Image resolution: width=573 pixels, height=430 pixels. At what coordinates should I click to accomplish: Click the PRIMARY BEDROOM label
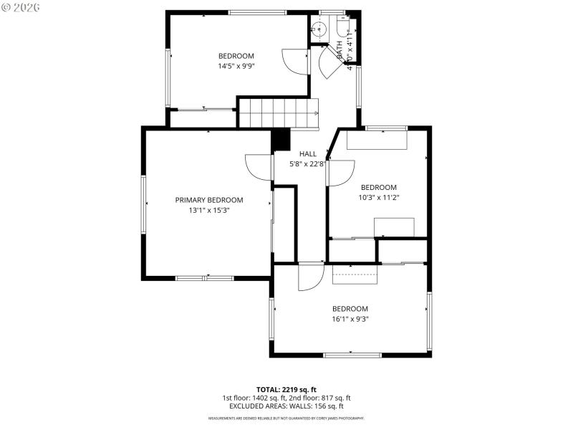[x=209, y=200]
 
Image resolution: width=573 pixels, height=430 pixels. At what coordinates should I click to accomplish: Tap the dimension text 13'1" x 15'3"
[x=209, y=211]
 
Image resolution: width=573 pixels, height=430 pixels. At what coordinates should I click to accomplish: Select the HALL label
[x=308, y=153]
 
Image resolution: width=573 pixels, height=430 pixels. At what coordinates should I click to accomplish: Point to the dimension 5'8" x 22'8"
[x=308, y=163]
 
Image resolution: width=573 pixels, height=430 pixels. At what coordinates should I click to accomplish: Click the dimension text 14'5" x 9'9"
[x=236, y=66]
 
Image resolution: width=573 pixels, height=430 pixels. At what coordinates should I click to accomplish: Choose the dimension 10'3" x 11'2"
[x=379, y=198]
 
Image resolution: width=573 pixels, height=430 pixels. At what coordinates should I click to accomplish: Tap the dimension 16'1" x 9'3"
[x=350, y=319]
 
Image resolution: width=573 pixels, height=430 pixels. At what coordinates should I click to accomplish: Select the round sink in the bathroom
[x=319, y=29]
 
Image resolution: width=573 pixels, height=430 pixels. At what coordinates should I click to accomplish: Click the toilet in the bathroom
[x=344, y=29]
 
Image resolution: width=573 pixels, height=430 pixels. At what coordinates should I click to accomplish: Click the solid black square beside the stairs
[x=281, y=139]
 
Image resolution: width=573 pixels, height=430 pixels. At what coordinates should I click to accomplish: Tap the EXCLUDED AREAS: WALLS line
[x=286, y=406]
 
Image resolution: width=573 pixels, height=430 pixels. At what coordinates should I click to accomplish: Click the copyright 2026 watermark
[x=21, y=6]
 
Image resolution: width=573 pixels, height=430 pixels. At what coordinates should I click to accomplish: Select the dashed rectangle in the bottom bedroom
[x=355, y=273]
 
